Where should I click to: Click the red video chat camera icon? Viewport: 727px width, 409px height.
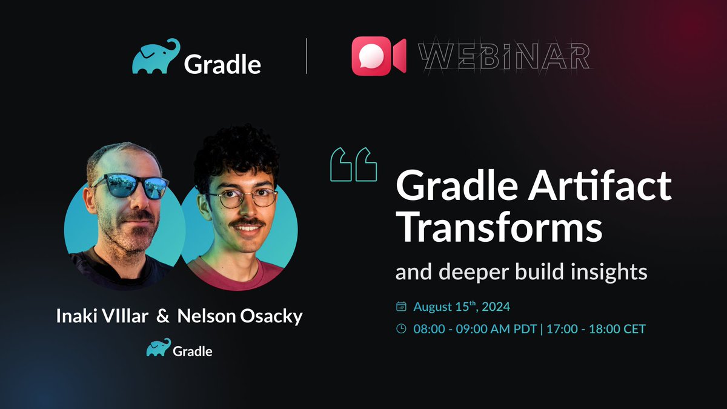tap(379, 56)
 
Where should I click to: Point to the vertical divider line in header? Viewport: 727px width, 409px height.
tap(306, 56)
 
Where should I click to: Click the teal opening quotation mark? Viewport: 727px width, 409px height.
tap(354, 164)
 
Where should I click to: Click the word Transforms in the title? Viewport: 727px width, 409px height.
tap(499, 228)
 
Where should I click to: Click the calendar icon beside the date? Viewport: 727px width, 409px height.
tap(400, 307)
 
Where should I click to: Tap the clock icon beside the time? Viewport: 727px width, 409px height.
tap(400, 330)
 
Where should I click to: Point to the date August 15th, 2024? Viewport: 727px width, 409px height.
tap(462, 307)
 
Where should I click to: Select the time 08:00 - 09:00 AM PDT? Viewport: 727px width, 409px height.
tap(477, 330)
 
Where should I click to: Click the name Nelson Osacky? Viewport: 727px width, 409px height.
tap(240, 317)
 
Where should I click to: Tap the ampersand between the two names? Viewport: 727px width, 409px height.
tap(163, 317)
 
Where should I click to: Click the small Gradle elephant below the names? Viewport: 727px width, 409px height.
tap(157, 349)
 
